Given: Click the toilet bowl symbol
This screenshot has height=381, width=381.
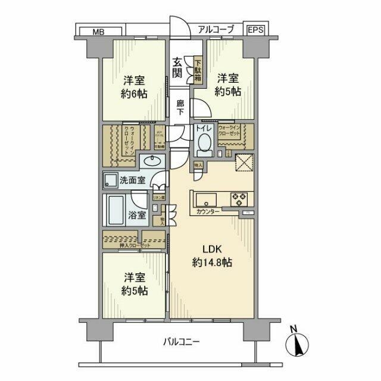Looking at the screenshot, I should tap(204, 145).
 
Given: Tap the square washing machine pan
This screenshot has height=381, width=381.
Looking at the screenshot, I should tap(111, 179).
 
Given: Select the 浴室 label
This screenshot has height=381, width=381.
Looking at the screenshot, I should tap(138, 215).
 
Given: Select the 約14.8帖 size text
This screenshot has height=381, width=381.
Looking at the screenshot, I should tap(212, 263).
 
